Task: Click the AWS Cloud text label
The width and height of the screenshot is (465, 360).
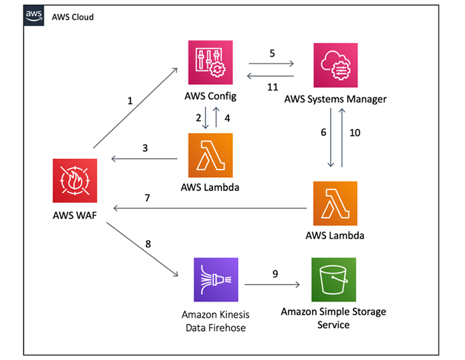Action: pos(72,17)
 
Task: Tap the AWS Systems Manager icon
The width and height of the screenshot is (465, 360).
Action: pos(335,65)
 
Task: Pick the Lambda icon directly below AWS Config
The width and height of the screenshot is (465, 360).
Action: pos(210,155)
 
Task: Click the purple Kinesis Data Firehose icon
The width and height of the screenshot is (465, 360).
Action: pos(216,279)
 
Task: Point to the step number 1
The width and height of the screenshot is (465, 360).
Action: pos(131,100)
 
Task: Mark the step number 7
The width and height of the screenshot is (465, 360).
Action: pos(147,199)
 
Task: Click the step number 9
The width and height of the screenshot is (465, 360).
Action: pos(273,274)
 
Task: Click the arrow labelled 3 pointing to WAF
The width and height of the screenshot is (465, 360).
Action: pos(144,159)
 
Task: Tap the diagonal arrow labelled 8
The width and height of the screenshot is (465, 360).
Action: pos(141,249)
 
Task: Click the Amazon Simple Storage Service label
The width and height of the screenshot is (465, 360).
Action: pos(333,318)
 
